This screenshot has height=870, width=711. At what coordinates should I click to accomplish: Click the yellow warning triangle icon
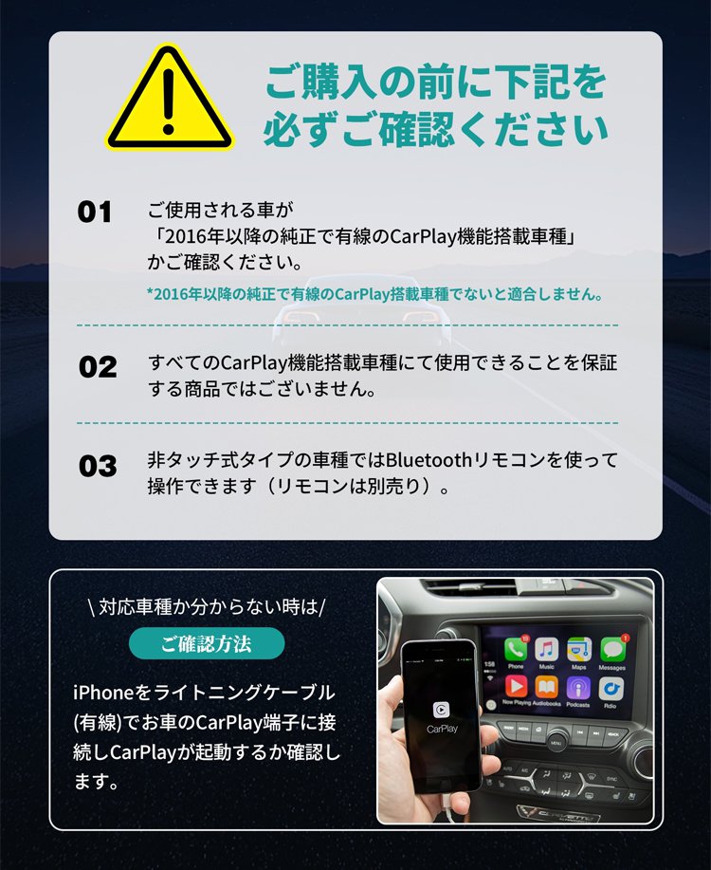(x=169, y=100)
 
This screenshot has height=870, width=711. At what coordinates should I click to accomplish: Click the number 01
(x=95, y=212)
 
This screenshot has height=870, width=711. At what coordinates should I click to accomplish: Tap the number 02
(x=98, y=367)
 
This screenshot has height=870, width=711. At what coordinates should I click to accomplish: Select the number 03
(x=98, y=466)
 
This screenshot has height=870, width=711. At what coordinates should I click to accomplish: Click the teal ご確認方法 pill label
(x=207, y=643)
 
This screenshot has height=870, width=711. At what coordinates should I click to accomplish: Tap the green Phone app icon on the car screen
(x=515, y=649)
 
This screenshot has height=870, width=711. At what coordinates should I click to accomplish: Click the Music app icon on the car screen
(x=547, y=649)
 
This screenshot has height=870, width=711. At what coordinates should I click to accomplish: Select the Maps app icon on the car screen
(x=579, y=649)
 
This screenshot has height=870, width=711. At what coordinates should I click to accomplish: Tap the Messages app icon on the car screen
(x=612, y=649)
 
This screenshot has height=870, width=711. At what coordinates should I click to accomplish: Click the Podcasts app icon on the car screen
(x=578, y=688)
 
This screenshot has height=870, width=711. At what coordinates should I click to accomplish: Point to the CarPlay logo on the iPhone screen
(x=442, y=711)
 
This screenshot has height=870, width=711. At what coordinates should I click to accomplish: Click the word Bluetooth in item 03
(x=428, y=460)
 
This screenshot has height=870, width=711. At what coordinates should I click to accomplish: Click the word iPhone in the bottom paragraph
(x=103, y=693)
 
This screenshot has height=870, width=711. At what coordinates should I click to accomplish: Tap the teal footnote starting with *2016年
(x=374, y=294)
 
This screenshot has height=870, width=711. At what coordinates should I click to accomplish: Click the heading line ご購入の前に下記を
(x=436, y=83)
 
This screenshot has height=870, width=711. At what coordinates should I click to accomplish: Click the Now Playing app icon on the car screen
(x=515, y=688)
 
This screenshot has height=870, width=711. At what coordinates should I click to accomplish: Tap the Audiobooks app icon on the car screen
(x=546, y=688)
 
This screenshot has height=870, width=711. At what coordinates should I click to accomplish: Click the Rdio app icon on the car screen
(x=611, y=688)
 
